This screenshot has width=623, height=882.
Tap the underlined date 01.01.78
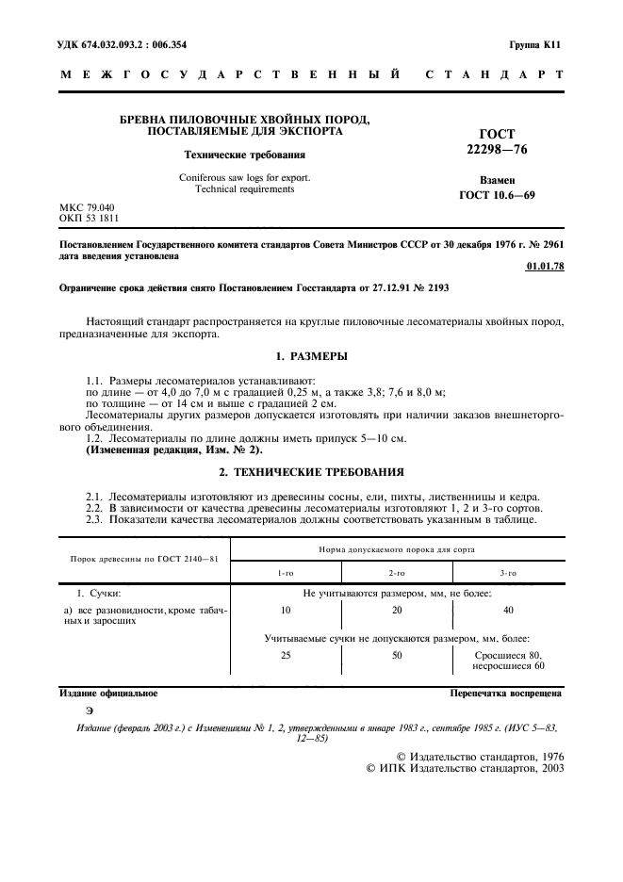pyautogui.click(x=544, y=268)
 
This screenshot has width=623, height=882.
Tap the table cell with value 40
pyautogui.click(x=508, y=611)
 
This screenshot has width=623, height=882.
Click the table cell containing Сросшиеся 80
pyautogui.click(x=508, y=654)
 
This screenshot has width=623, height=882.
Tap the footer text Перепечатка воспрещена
pyautogui.click(x=506, y=694)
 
